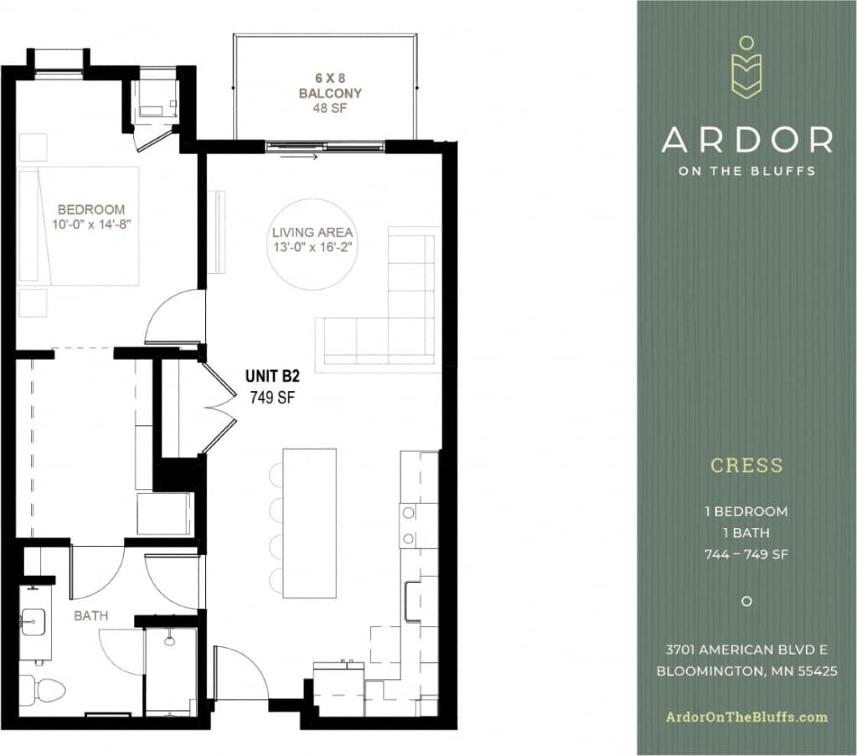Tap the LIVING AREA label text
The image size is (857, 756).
[312, 232]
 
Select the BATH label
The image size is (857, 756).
[90, 615]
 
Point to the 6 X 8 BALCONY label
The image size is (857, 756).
[330, 86]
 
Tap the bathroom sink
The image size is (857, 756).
[34, 621]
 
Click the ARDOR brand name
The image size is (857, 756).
[746, 140]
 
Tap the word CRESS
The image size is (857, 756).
[746, 465]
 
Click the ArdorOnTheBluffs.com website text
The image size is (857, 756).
[746, 717]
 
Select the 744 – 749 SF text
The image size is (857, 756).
[746, 554]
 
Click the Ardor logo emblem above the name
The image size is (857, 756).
[746, 68]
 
